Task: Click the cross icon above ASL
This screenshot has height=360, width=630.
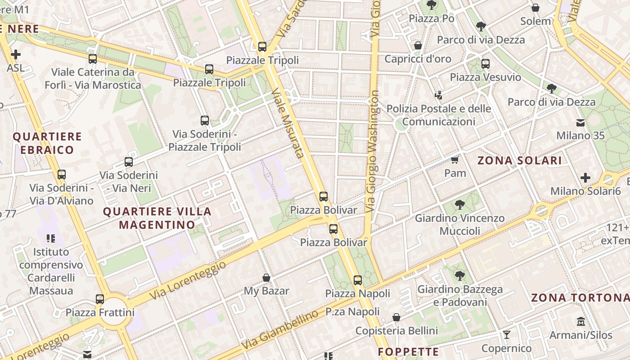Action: (x=16, y=54)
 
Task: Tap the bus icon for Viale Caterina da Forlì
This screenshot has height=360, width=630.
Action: (x=93, y=58)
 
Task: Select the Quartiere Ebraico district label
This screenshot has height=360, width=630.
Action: (x=47, y=143)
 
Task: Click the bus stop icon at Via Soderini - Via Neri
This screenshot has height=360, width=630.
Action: (x=129, y=162)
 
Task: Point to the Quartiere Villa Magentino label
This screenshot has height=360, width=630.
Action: (x=157, y=218)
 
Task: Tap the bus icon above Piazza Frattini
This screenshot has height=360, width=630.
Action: (x=100, y=299)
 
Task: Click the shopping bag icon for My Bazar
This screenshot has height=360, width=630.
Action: (x=266, y=278)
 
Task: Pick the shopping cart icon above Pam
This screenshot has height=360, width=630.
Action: (x=455, y=160)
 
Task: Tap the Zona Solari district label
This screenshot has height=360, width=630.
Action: (x=519, y=161)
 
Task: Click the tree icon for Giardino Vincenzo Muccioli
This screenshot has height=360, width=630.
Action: (x=459, y=205)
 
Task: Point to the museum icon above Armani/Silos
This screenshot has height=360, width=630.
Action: (x=580, y=322)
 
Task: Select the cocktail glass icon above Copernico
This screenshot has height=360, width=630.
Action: (x=507, y=334)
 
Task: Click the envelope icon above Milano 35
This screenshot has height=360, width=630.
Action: (x=580, y=122)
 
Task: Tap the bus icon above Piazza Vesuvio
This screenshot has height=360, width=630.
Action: (x=485, y=64)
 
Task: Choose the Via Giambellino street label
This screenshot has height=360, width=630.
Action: (x=279, y=331)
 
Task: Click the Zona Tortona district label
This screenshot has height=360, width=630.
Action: (x=580, y=298)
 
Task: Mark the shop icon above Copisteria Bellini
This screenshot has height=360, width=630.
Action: (x=396, y=318)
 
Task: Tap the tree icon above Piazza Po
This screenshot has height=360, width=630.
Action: (x=432, y=5)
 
